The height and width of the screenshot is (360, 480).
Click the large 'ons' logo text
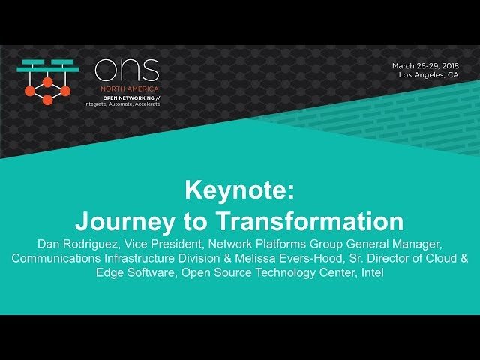click(127, 70)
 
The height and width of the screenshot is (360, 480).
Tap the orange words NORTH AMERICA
click(111, 88)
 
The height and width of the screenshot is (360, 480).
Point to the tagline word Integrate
click(97, 103)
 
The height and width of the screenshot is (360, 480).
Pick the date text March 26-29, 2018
click(424, 65)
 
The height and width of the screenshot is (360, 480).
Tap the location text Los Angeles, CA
click(429, 75)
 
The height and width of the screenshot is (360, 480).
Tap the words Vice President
click(167, 244)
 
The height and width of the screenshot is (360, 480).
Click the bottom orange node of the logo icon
click(47, 100)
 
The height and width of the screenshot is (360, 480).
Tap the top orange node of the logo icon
click(47, 80)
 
